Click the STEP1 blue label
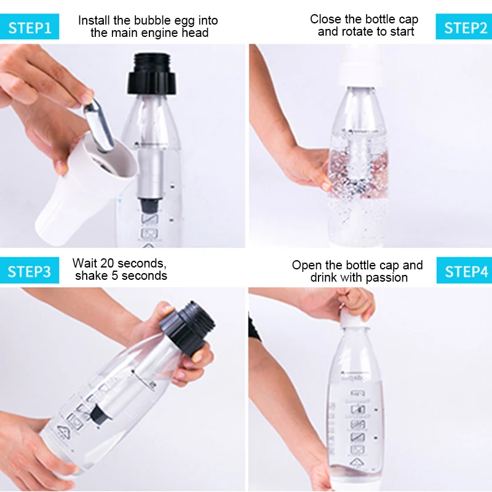click(29, 26)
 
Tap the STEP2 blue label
click(464, 26)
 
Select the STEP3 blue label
click(29, 271)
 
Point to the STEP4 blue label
click(464, 271)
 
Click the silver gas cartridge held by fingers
click(98, 125)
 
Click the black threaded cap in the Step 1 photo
click(151, 74)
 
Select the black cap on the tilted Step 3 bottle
click(188, 328)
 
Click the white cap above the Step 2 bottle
click(358, 68)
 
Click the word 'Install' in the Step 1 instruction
click(94, 20)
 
